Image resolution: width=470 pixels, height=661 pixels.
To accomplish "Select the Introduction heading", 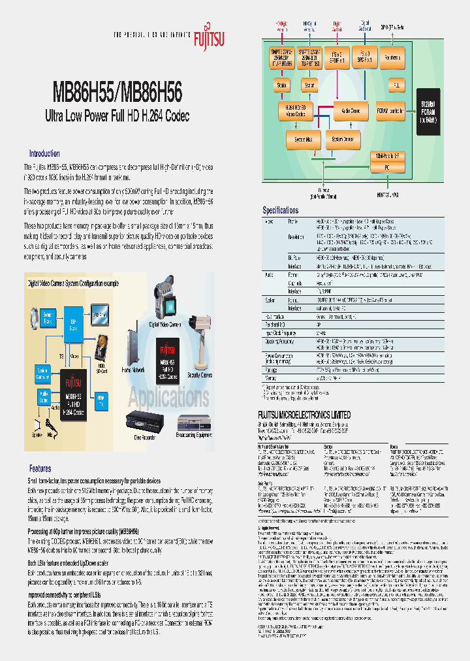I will [44, 153].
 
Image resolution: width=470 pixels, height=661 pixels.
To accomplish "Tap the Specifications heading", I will [281, 210].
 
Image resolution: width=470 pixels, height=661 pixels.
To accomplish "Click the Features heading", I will [40, 468].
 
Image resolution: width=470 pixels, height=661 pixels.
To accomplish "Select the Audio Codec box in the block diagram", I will [351, 111].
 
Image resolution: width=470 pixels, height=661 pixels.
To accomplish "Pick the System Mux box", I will [303, 139].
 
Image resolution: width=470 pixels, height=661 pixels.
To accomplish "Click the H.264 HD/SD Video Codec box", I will [296, 111].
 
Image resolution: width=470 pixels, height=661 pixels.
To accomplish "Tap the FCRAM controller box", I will [390, 111].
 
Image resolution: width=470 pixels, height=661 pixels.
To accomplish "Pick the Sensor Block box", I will [47, 319].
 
